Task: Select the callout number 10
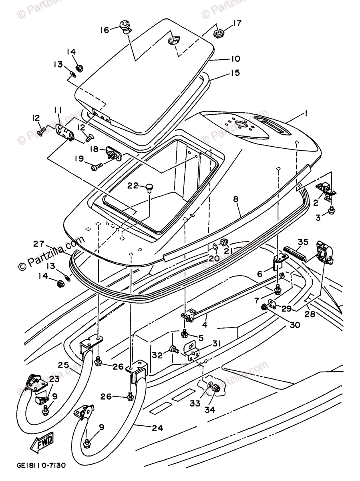[235, 59]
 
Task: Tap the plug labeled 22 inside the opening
[150, 187]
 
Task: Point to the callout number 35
[303, 242]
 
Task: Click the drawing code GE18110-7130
[41, 466]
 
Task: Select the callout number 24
[157, 428]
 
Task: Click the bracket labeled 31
[192, 349]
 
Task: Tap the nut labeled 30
[264, 307]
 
